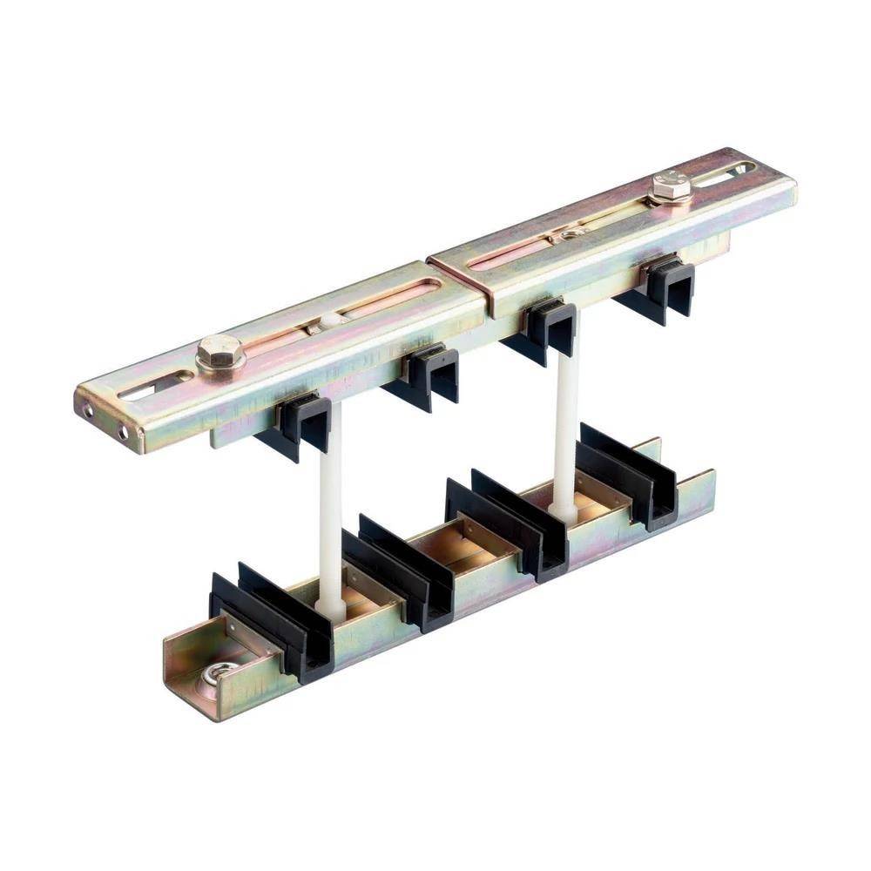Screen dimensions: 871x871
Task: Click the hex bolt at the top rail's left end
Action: (x=218, y=352)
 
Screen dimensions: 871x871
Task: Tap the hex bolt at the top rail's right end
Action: (x=670, y=186)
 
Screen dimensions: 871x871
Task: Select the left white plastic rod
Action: (x=330, y=505)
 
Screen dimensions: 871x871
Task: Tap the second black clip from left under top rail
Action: (x=427, y=375)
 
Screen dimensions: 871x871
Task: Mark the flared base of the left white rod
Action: (x=330, y=607)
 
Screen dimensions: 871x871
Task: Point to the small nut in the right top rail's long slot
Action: (x=571, y=233)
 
